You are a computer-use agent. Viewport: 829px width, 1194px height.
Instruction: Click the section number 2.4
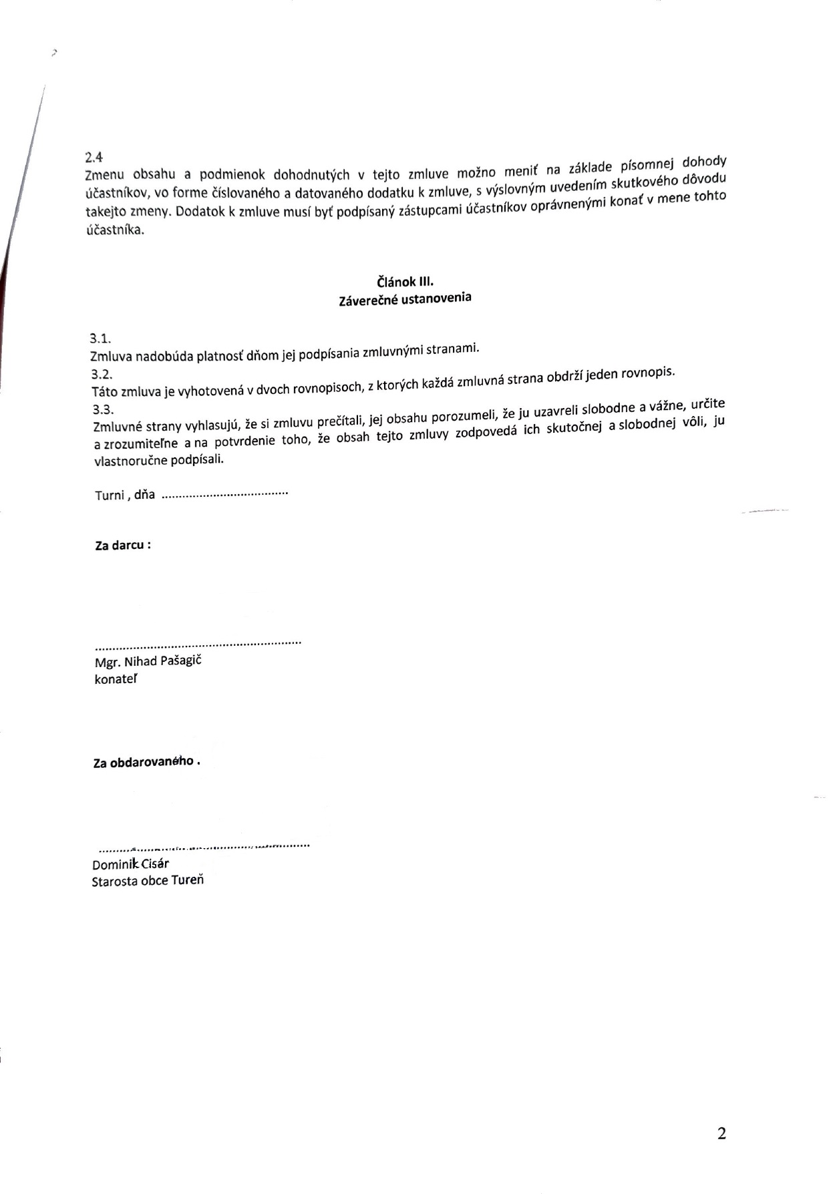click(x=94, y=157)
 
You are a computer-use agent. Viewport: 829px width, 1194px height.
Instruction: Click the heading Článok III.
click(x=405, y=282)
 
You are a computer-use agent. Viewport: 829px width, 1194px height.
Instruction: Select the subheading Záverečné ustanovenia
click(x=405, y=299)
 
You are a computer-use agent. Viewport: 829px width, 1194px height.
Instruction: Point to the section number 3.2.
click(x=101, y=374)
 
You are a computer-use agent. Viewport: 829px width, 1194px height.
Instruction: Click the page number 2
click(x=721, y=1133)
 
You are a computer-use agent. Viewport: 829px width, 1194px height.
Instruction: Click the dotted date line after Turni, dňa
click(x=224, y=495)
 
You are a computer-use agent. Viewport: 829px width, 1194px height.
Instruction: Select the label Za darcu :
click(x=123, y=545)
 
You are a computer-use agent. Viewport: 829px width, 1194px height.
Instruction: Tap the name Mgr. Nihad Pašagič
click(x=148, y=661)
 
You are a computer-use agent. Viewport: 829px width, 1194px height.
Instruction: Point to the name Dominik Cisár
click(x=130, y=864)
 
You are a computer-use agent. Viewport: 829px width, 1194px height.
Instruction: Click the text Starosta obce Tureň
click(x=148, y=881)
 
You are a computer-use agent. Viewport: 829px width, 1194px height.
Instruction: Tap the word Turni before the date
click(x=109, y=495)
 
